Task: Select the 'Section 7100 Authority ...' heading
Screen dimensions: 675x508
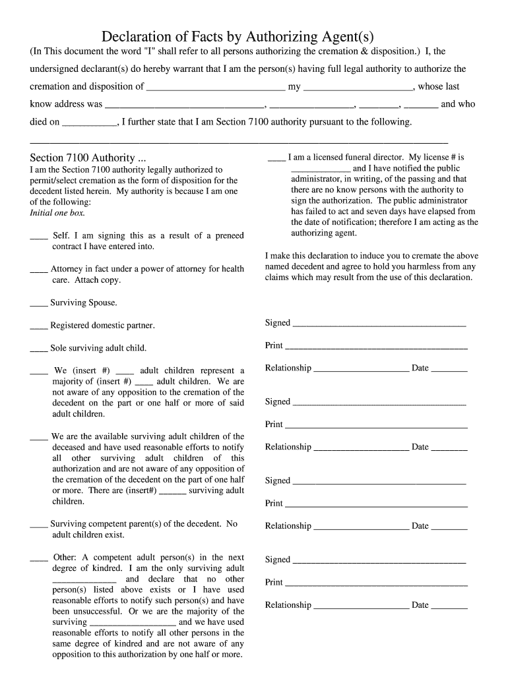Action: pos(88,158)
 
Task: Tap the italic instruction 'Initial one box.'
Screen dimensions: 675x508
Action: pos(57,213)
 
